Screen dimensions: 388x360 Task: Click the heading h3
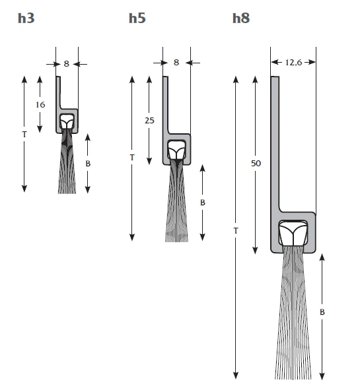point(26,18)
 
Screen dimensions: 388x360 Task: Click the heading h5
point(137,18)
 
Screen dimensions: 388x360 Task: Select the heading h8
point(241,18)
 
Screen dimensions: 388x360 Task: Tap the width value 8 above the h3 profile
point(66,64)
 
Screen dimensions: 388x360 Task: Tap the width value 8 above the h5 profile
point(176,63)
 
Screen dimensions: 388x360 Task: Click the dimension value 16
point(41,104)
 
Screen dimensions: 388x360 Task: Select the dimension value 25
point(150,120)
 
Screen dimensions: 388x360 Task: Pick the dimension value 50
point(256,163)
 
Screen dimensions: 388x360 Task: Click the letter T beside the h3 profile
point(24,134)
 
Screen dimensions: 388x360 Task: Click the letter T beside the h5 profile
point(132,158)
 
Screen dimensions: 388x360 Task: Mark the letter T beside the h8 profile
point(236,230)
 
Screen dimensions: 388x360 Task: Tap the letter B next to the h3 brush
point(88,162)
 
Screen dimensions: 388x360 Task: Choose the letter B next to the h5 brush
point(203,202)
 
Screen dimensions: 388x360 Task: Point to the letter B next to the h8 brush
point(322,311)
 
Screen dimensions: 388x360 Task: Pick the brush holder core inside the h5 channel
point(176,151)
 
